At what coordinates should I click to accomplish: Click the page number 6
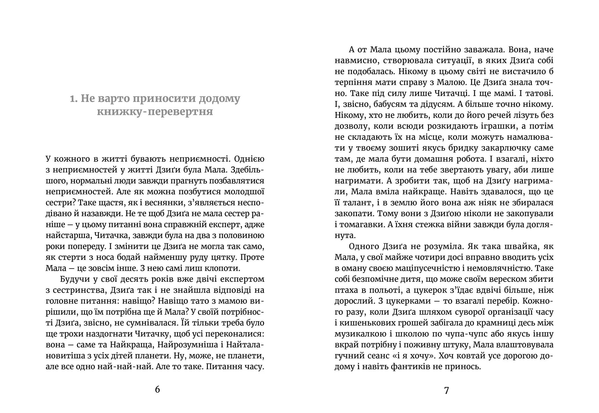pyautogui.click(x=157, y=390)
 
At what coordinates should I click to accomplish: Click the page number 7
pyautogui.click(x=446, y=390)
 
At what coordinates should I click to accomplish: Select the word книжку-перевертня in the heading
pyautogui.click(x=155, y=112)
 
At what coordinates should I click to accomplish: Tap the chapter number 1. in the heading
pyautogui.click(x=74, y=99)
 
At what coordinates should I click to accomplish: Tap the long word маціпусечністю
pyautogui.click(x=427, y=268)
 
